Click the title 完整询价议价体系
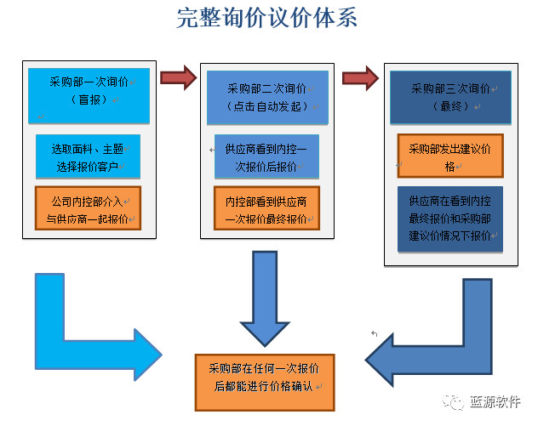point(266,19)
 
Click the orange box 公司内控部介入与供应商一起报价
point(88,209)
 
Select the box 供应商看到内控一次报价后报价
point(266,156)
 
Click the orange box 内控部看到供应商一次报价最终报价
point(266,209)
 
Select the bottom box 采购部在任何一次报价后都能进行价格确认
point(264,378)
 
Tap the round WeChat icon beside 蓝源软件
point(457,402)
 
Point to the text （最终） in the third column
point(451,106)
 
